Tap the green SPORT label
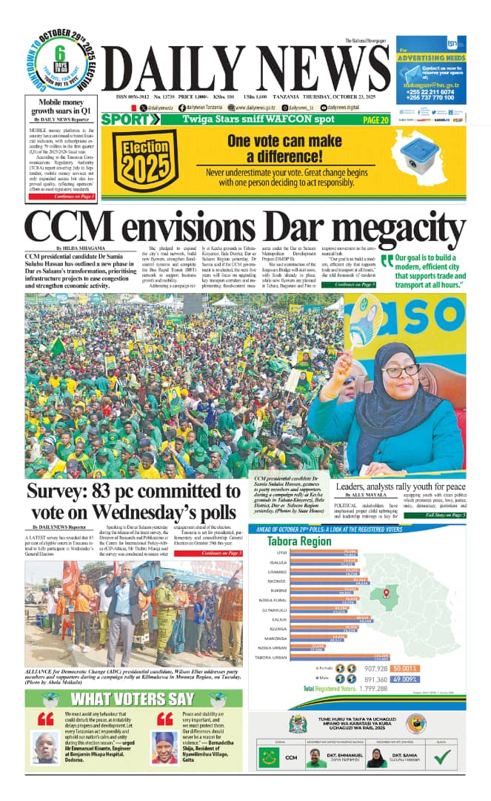click(127, 119)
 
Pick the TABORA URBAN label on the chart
click(271, 657)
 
